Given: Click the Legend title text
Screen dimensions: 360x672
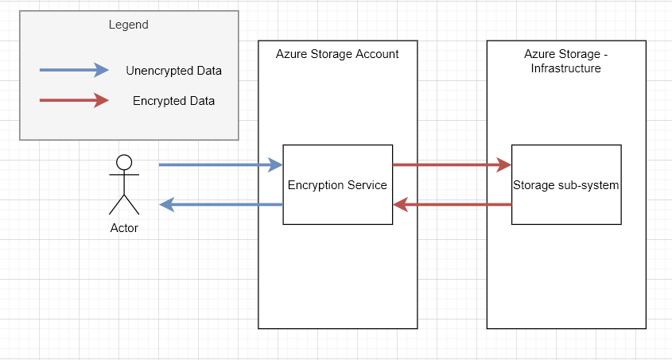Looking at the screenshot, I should (128, 25).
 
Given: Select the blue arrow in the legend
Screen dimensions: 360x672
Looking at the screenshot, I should (74, 70).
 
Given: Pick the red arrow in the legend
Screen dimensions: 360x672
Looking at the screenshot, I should (74, 100).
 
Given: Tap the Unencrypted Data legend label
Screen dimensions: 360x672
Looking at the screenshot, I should (173, 71).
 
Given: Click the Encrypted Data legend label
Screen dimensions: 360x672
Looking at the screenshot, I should (173, 101).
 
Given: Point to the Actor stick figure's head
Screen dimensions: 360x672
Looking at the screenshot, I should (124, 162).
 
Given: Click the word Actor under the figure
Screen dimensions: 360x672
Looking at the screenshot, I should (124, 228).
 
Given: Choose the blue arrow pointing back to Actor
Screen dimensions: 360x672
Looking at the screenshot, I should (221, 205).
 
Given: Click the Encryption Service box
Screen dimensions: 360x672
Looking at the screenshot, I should (337, 184).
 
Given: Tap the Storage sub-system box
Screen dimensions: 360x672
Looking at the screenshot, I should (565, 184).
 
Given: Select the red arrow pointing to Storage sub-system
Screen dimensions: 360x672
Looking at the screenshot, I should (452, 165).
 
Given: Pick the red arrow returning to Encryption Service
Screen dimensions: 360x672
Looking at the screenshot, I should (452, 205).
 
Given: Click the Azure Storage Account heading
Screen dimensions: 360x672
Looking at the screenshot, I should (337, 54).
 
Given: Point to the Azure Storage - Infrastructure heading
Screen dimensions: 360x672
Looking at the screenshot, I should (565, 61).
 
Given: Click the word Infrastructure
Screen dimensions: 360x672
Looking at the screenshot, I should (565, 68).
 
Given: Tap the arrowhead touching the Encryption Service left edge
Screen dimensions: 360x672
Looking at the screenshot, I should (276, 165).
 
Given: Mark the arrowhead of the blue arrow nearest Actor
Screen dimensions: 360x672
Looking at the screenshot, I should (167, 205).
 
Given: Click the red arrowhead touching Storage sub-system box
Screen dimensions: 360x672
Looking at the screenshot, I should (504, 165).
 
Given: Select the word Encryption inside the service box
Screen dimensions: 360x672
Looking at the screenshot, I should (316, 185).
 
